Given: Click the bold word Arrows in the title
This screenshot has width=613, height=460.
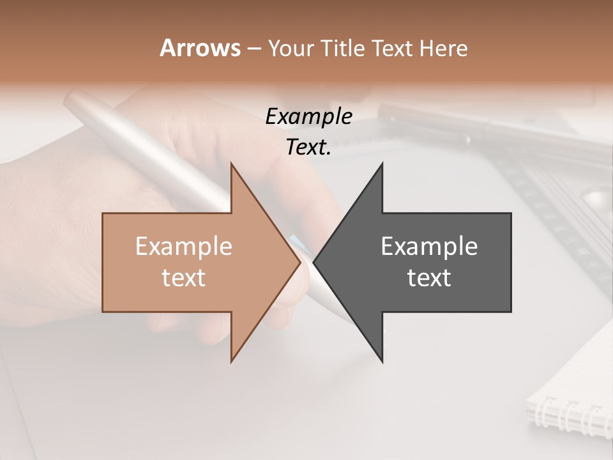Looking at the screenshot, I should [200, 48].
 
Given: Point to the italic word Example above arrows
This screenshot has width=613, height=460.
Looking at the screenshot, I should [308, 117].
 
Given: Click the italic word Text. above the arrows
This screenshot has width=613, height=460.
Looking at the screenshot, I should [308, 147].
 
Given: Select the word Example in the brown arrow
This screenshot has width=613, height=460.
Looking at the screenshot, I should [184, 247].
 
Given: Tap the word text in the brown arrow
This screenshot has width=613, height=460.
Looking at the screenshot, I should [184, 277].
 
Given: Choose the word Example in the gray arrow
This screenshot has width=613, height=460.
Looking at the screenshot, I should [429, 247].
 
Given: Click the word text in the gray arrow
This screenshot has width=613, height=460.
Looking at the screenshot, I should [429, 277].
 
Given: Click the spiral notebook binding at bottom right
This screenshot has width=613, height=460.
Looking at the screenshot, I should [568, 415].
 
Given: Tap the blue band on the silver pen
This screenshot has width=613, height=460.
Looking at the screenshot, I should [297, 242].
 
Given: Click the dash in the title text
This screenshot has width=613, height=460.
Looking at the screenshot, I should [254, 49].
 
